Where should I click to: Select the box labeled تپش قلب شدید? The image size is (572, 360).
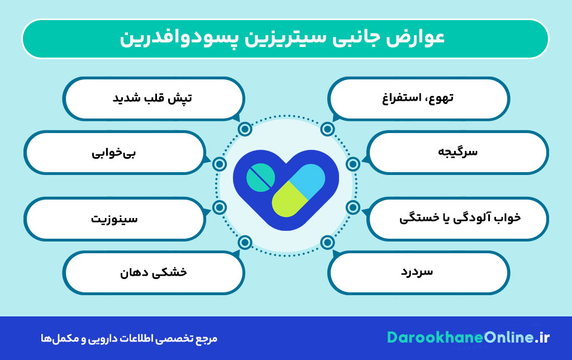pos(153,98)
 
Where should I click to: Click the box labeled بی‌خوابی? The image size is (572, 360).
pos(114,152)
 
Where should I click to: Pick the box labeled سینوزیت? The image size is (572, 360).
pos(114,219)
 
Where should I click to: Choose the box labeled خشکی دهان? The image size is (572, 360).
pos(153,272)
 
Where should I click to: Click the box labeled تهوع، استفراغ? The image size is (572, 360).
pos(418,98)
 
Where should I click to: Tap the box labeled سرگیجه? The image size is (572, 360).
pos(459,152)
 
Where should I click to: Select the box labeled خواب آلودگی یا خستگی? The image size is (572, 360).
pos(459,219)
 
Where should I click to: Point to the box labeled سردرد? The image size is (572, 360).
pos(418,272)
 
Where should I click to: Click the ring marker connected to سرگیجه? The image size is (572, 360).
pos(352,164)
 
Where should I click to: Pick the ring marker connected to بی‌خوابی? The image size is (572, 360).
pos(220,164)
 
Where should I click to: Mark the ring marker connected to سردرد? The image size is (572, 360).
pos(327,243)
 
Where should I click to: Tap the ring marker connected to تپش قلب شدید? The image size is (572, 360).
pos(245,130)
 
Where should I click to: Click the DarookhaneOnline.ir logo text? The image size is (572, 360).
pos(469,338)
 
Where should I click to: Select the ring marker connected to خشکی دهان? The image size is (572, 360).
pos(245,243)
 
